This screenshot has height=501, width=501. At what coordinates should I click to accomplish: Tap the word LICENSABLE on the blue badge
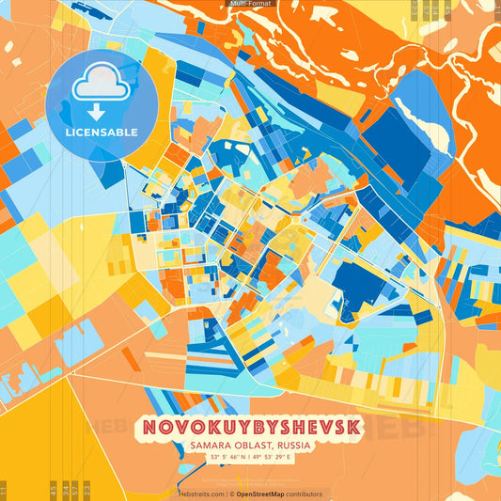point(102,133)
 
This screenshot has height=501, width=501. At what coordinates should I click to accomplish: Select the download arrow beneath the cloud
point(101,111)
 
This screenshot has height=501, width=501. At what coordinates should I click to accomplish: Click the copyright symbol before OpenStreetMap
point(231,493)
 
